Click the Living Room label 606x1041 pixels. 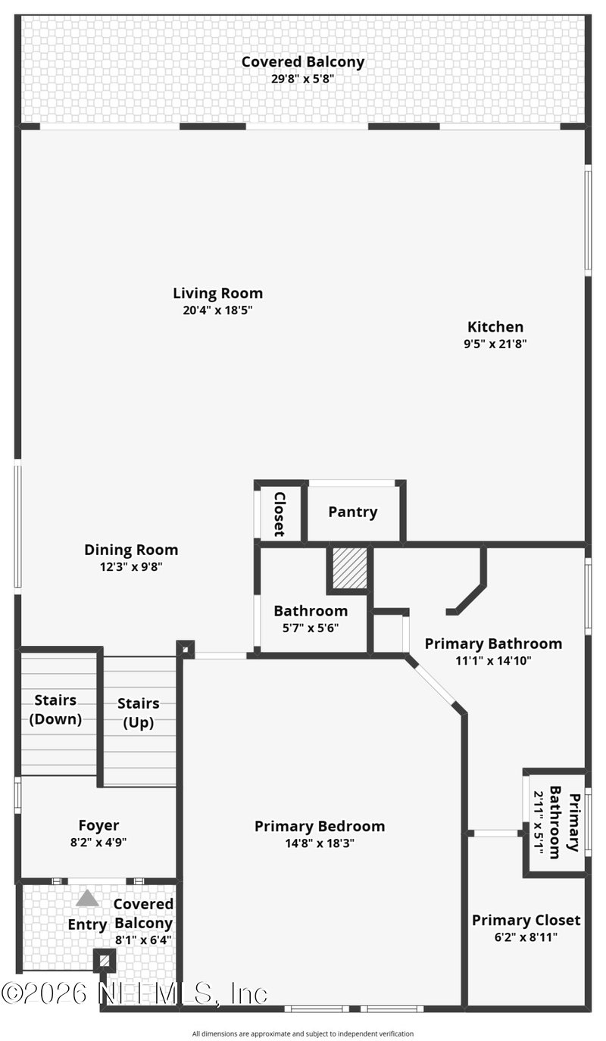217,293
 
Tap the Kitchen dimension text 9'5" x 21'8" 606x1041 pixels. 495,344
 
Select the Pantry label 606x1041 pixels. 352,512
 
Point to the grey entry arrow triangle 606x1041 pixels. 87,898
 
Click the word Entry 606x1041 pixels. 87,924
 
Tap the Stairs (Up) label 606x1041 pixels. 139,712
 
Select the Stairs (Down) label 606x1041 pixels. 55,709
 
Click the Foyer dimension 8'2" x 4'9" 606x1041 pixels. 98,841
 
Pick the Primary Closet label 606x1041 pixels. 526,920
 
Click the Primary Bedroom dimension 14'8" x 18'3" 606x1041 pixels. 319,843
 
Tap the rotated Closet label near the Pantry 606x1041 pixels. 279,514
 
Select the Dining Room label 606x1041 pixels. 131,550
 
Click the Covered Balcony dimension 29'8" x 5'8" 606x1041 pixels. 302,78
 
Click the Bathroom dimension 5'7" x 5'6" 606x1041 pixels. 311,628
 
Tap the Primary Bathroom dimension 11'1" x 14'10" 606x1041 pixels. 493,660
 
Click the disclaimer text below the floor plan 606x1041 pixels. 303,1033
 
